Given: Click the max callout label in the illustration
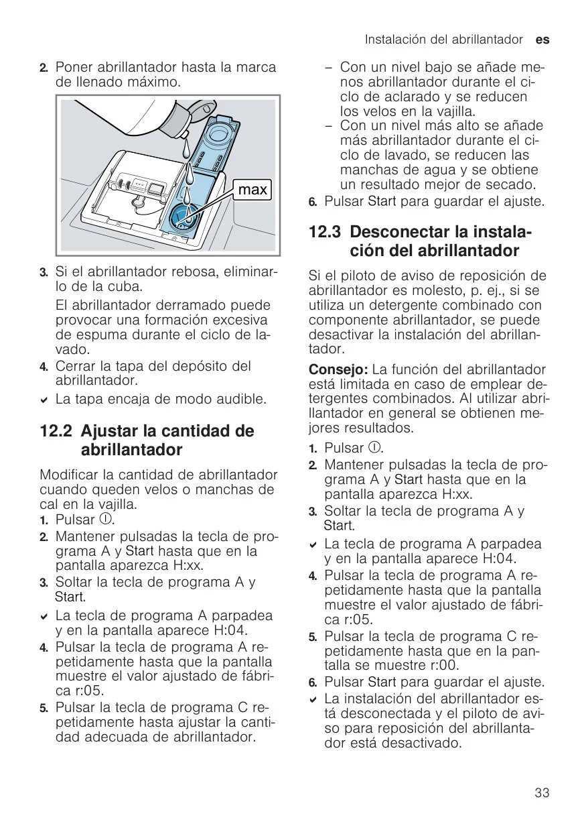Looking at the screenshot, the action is click(252, 190).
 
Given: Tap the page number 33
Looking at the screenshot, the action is click(542, 792).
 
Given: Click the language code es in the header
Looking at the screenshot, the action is click(542, 40).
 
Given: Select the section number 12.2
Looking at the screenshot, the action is click(56, 431).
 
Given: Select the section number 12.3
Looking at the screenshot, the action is click(324, 232).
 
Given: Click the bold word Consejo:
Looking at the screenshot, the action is click(338, 370).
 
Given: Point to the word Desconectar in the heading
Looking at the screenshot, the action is click(396, 232).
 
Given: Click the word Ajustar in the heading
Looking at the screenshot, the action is click(109, 432).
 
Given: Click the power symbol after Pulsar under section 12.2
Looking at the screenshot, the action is click(105, 519).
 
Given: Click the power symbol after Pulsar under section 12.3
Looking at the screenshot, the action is click(374, 447).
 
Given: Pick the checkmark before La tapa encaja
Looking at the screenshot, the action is click(44, 400).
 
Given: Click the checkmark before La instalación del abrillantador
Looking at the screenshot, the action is click(313, 700).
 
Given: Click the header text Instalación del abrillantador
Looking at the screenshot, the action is click(444, 40).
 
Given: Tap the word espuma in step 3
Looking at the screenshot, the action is click(98, 335).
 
